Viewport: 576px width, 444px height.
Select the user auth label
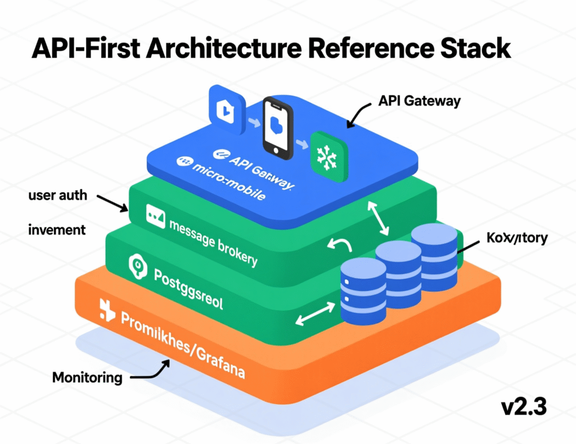(57, 196)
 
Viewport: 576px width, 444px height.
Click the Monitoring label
(87, 377)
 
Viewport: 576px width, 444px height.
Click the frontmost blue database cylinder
(363, 291)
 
